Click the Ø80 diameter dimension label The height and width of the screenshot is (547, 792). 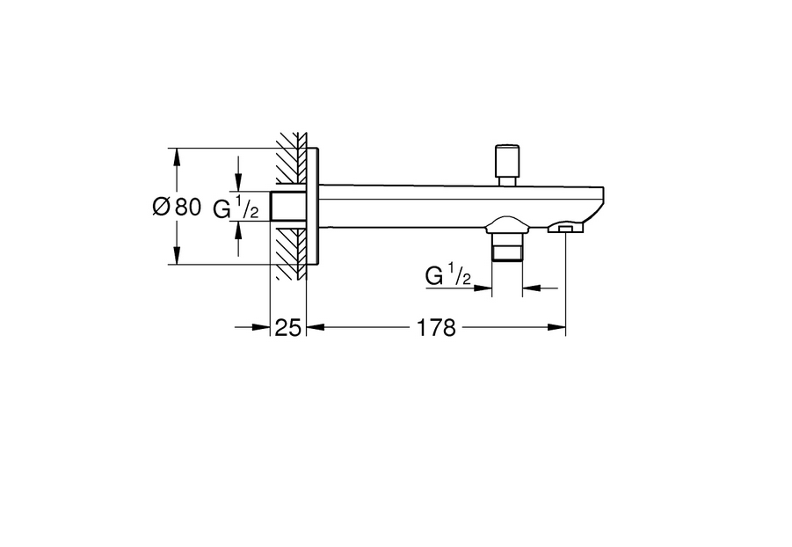177,207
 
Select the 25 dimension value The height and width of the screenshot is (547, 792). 288,328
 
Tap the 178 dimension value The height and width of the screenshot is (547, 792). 436,328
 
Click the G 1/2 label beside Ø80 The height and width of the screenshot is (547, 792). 236,208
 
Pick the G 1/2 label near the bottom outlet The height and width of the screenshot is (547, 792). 448,275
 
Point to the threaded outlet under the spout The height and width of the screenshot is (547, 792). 507,247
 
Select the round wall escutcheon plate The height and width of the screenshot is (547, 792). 313,207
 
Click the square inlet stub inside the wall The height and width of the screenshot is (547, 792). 288,207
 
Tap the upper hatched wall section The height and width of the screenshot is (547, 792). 292,159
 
